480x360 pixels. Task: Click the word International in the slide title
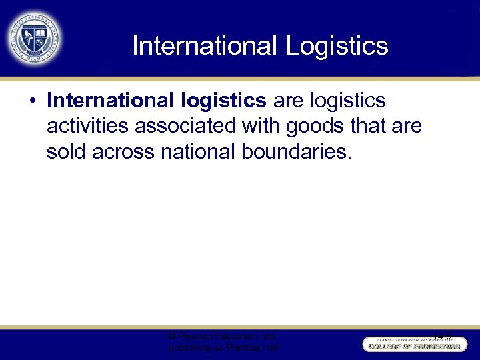point(204,46)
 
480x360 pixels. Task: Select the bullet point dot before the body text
point(33,101)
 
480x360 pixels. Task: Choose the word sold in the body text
point(67,151)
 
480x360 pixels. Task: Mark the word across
point(124,151)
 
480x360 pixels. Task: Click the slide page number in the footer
point(441,337)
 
